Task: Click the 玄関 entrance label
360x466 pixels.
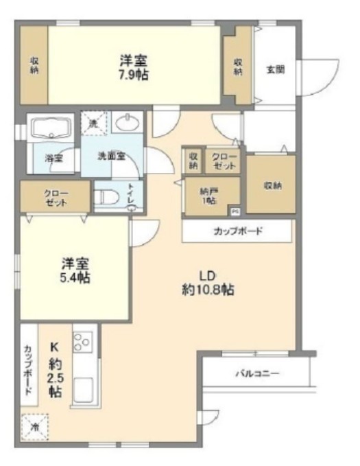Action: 276,69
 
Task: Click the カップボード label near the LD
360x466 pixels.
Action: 237,231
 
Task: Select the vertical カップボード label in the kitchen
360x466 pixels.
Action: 29,369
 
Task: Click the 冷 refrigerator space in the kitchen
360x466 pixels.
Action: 34,426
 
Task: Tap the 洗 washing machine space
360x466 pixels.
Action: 94,123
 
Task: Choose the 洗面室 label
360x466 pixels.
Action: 111,155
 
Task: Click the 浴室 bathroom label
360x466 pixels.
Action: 53,158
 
